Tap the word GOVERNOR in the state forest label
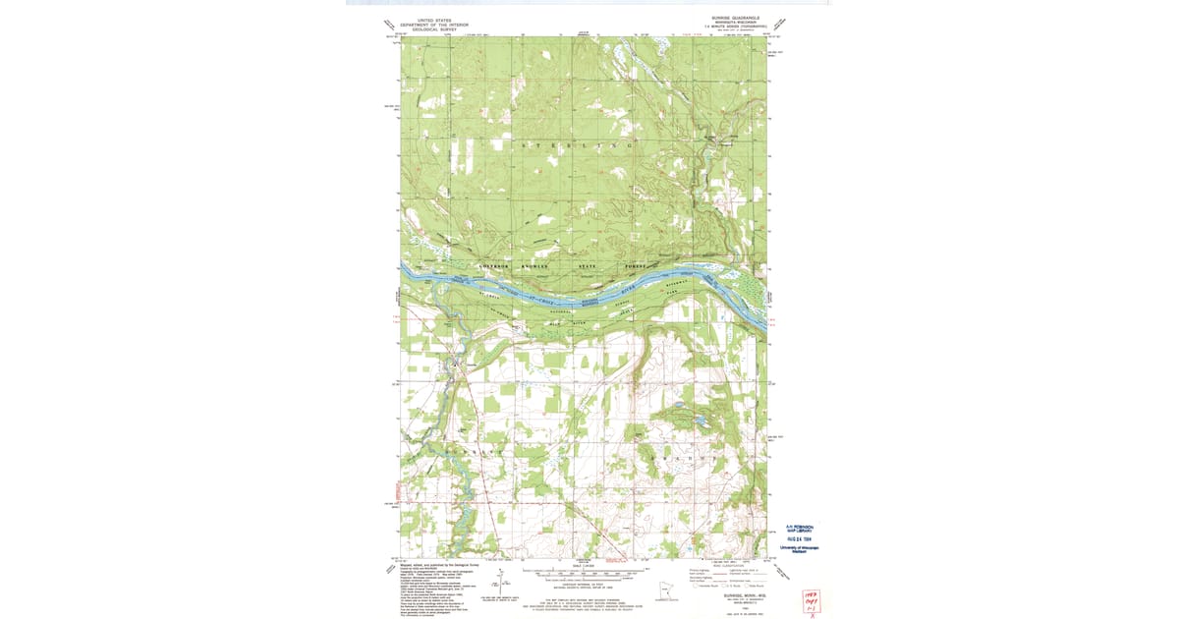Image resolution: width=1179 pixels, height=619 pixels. (x=494, y=267)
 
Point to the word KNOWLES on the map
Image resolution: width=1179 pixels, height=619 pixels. (x=535, y=267)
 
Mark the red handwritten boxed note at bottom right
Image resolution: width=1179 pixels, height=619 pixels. (x=811, y=600)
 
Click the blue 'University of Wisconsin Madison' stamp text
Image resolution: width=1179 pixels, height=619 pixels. (x=799, y=549)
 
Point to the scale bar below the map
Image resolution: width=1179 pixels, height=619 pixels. (x=587, y=571)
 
